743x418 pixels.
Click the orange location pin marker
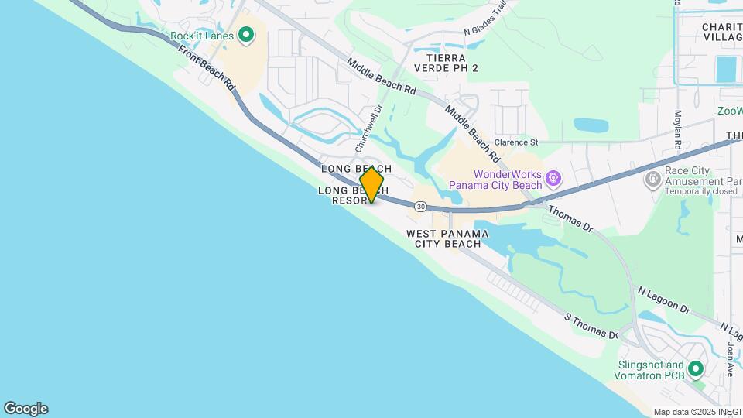pyautogui.click(x=371, y=184)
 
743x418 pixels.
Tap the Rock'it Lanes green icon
pyautogui.click(x=246, y=34)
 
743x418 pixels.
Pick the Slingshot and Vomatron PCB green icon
pyautogui.click(x=695, y=368)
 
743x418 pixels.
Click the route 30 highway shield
pyautogui.click(x=420, y=207)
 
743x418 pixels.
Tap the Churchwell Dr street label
pyautogui.click(x=368, y=128)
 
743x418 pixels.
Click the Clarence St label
pyautogui.click(x=515, y=142)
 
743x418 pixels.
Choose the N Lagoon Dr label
pyautogui.click(x=663, y=300)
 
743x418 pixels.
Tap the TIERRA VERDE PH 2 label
pyautogui.click(x=446, y=63)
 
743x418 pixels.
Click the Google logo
pyautogui.click(x=26, y=409)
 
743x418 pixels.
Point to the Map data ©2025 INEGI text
pyautogui.click(x=696, y=412)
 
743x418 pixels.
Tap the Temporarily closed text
pyautogui.click(x=693, y=190)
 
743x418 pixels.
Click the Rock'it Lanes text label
pyautogui.click(x=202, y=36)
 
